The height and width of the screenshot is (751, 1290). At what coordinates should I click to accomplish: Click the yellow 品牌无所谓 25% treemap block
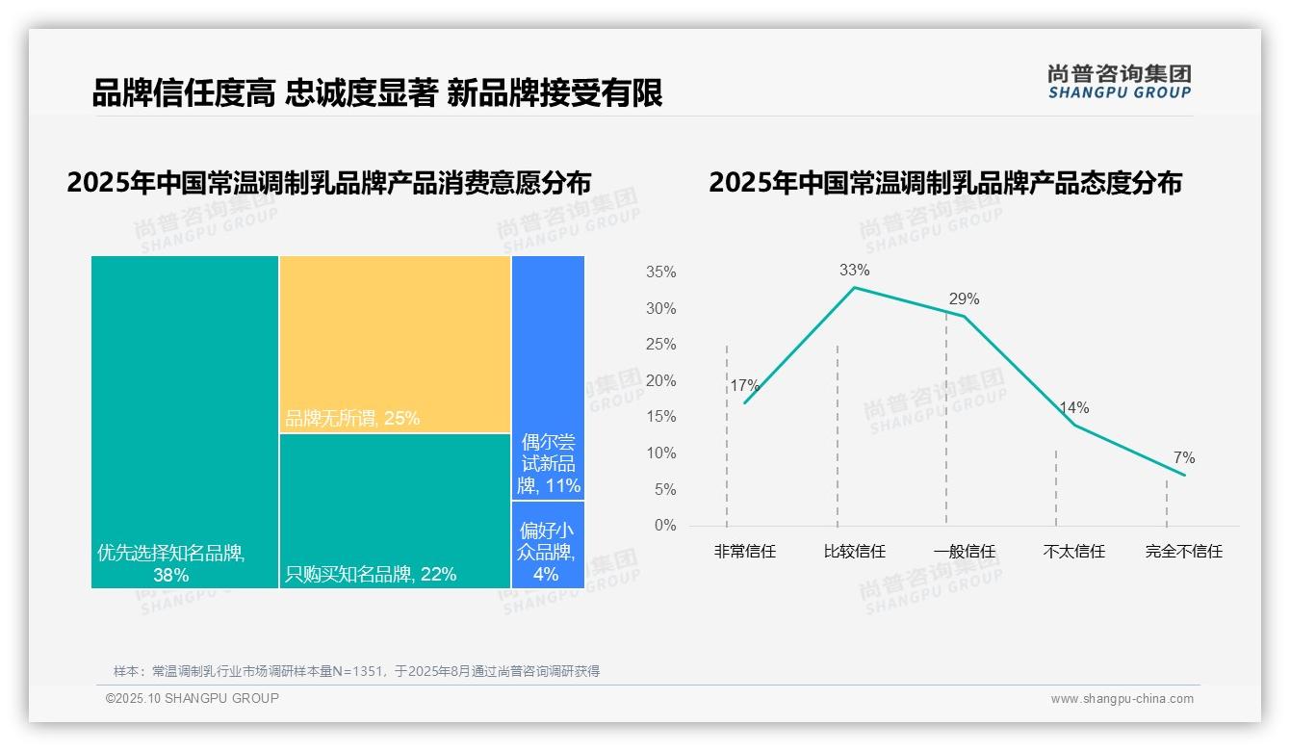[x=395, y=344]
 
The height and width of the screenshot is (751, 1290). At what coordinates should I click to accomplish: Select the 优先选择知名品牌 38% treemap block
[x=185, y=422]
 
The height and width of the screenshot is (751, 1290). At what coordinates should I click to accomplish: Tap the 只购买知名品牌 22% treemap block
[x=395, y=510]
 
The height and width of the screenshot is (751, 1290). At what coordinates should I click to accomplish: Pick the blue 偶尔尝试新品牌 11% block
[x=548, y=377]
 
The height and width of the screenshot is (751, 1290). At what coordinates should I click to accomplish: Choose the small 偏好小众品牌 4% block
[x=548, y=545]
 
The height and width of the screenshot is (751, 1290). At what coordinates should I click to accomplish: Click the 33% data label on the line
[x=854, y=271]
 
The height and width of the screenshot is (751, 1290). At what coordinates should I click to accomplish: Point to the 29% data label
[x=964, y=299]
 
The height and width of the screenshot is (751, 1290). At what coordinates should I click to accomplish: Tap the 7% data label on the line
[x=1184, y=458]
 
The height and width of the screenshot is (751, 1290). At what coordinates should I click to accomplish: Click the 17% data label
[x=744, y=386]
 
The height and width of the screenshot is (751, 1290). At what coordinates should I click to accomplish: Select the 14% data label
[x=1074, y=408]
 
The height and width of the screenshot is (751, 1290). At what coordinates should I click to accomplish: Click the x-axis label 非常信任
[x=744, y=552]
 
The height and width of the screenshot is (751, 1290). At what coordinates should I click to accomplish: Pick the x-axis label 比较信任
[x=854, y=552]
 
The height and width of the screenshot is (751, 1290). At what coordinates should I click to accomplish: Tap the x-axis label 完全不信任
[x=1183, y=552]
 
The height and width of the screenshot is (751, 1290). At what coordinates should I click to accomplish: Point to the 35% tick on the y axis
[x=660, y=272]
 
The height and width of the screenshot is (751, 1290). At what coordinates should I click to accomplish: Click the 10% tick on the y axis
[x=660, y=453]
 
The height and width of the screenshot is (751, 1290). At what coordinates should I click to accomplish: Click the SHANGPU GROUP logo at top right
[x=1119, y=82]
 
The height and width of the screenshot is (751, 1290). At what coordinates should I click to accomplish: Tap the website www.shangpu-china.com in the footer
[x=1122, y=699]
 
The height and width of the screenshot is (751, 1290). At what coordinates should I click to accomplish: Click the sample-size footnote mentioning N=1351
[x=356, y=671]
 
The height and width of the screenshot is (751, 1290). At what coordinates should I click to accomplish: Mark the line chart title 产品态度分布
[x=944, y=183]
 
